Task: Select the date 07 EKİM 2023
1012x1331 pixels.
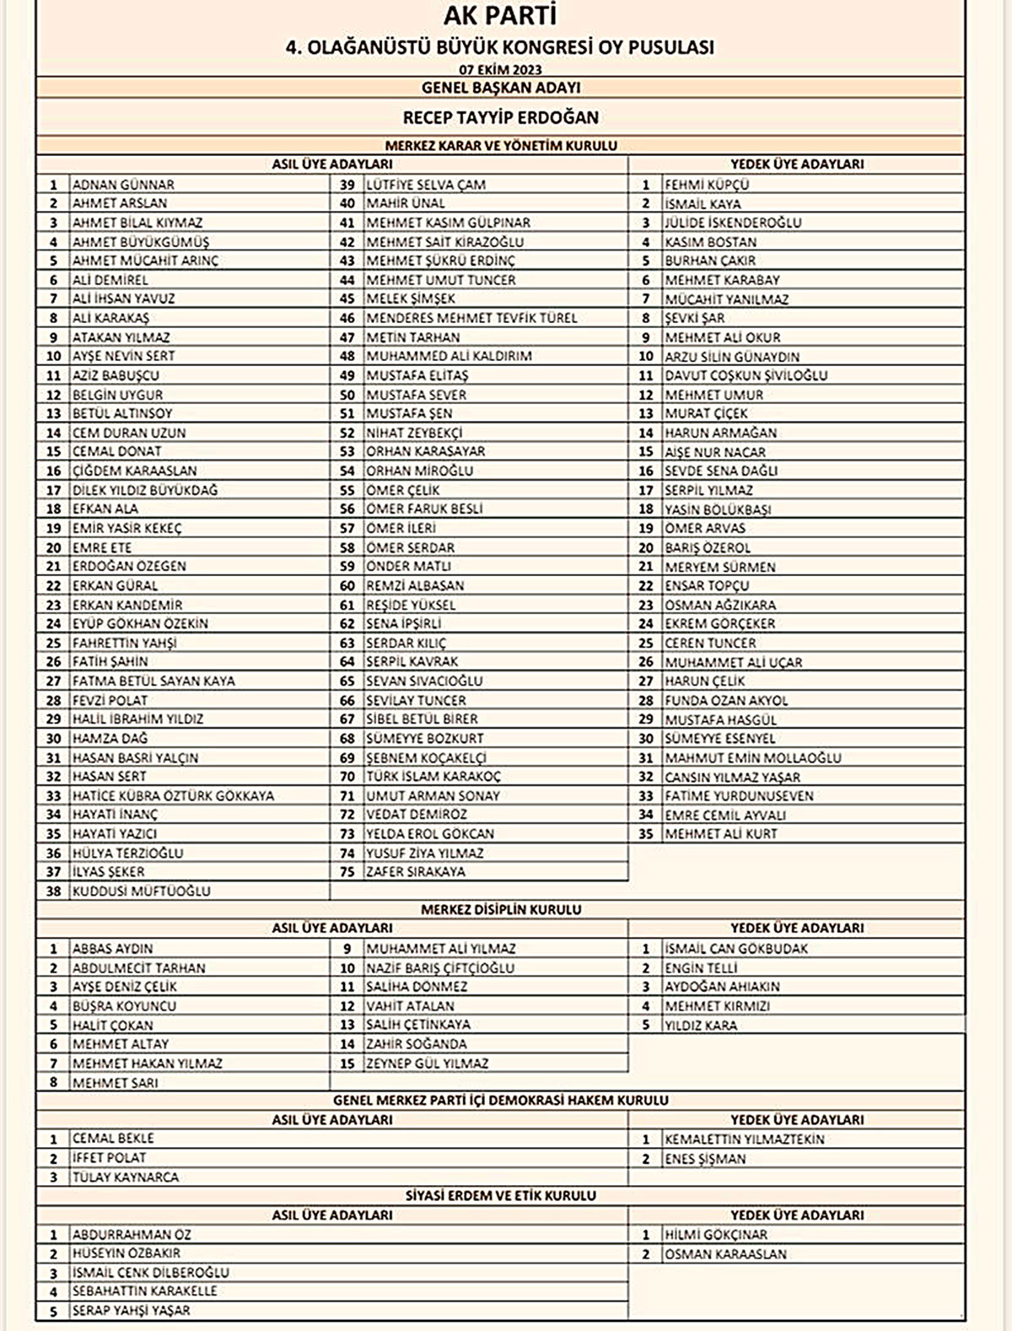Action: click(500, 69)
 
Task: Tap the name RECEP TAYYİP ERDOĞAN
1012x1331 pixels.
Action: click(500, 117)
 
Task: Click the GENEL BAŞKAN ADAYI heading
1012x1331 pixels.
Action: click(500, 88)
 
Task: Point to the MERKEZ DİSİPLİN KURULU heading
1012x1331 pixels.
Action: click(500, 909)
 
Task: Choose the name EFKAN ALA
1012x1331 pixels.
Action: click(105, 509)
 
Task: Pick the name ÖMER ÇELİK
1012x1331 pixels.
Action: click(402, 490)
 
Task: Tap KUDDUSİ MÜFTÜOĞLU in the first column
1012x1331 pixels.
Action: click(141, 891)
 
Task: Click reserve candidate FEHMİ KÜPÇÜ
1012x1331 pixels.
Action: click(707, 184)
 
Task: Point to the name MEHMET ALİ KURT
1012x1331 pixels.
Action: click(720, 833)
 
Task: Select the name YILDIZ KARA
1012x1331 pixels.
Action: click(700, 1026)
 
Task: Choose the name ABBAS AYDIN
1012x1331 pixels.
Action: click(112, 948)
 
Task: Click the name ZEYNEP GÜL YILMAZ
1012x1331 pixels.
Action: click(427, 1064)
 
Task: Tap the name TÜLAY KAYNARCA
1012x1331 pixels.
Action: click(125, 1177)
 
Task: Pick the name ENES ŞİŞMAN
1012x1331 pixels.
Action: click(705, 1159)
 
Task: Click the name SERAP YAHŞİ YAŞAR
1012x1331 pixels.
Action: click(131, 1311)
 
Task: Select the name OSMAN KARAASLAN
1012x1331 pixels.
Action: click(725, 1254)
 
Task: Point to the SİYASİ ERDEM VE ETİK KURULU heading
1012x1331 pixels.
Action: click(500, 1195)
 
